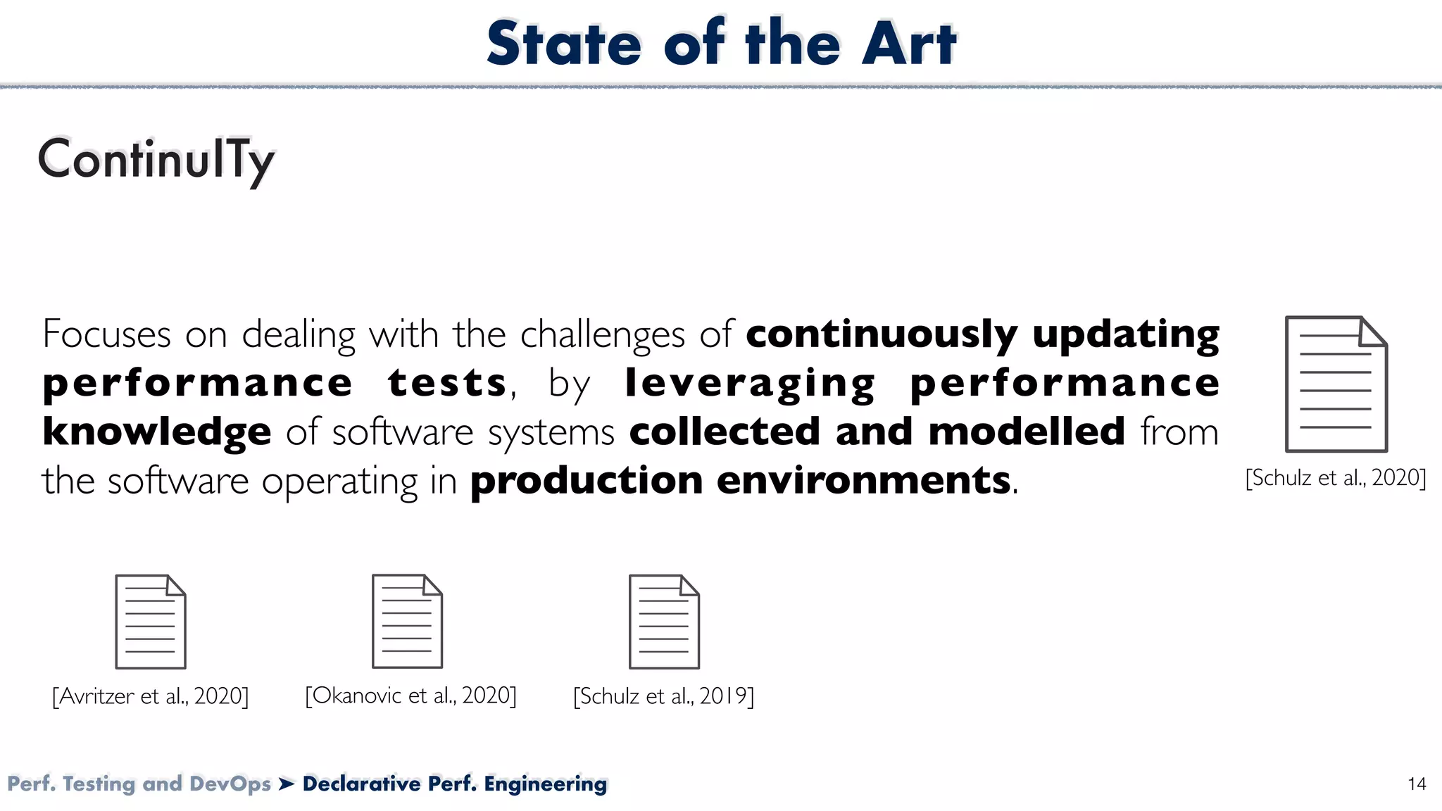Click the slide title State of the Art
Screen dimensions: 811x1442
click(x=721, y=44)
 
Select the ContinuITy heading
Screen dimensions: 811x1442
click(x=156, y=160)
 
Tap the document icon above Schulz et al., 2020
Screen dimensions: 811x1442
click(x=1336, y=384)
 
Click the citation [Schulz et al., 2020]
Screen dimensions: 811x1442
click(x=1336, y=478)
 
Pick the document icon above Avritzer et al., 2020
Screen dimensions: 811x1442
click(x=151, y=622)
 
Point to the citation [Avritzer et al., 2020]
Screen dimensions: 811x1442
click(x=151, y=696)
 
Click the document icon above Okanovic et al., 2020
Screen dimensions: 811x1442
click(x=407, y=622)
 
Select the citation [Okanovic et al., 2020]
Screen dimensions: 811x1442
click(x=410, y=696)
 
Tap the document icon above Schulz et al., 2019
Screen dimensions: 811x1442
click(x=664, y=622)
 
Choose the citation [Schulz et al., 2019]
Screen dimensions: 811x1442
click(x=663, y=696)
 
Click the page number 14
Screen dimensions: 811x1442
click(x=1417, y=784)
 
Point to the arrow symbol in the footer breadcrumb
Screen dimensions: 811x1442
click(x=287, y=784)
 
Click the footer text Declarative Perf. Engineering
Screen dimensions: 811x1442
click(x=455, y=784)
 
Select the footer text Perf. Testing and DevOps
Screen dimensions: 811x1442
click(x=139, y=784)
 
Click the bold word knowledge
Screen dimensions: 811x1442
click(x=156, y=432)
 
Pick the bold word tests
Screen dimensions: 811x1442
click(x=447, y=383)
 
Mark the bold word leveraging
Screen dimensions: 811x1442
click(x=750, y=383)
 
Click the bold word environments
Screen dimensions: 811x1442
click(x=863, y=481)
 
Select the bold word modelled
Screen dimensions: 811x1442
click(x=1026, y=432)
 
